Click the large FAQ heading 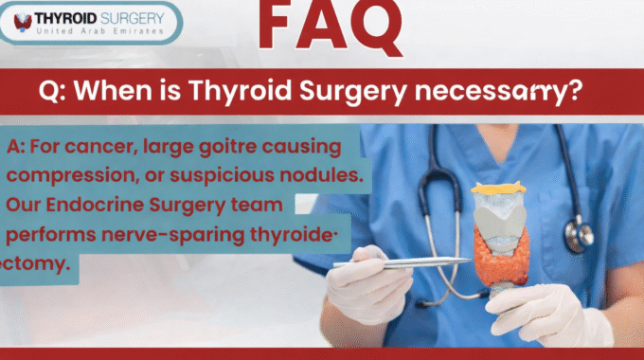pyautogui.click(x=331, y=26)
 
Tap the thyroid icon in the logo pyautogui.click(x=23, y=22)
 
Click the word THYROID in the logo pyautogui.click(x=65, y=18)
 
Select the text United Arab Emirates pyautogui.click(x=99, y=31)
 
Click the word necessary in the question pyautogui.click(x=498, y=91)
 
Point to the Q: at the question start pyautogui.click(x=52, y=91)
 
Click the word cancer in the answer pyautogui.click(x=100, y=147)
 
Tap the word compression pyautogui.click(x=71, y=176)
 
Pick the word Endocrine pyautogui.click(x=95, y=205)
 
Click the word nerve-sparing pyautogui.click(x=173, y=235)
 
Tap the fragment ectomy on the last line pyautogui.click(x=34, y=263)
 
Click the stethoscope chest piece pyautogui.click(x=579, y=235)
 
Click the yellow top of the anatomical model pyautogui.click(x=498, y=189)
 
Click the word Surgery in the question pyautogui.click(x=353, y=91)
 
